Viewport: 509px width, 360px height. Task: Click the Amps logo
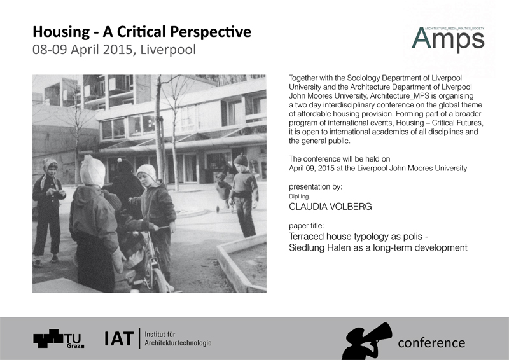click(x=448, y=39)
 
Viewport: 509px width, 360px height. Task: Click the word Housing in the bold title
click(x=61, y=32)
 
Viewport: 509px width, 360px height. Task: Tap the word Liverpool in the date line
click(x=168, y=50)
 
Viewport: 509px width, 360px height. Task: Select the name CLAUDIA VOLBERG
click(x=330, y=207)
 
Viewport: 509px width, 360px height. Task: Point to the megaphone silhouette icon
click(x=366, y=341)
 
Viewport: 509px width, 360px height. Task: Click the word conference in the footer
click(x=431, y=343)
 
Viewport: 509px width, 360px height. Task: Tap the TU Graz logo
click(x=59, y=339)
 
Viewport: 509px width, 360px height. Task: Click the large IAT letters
click(x=119, y=338)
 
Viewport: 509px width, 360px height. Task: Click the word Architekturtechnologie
click(x=178, y=343)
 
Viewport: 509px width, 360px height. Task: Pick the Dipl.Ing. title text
click(x=299, y=197)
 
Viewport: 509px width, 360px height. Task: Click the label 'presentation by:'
click(x=316, y=186)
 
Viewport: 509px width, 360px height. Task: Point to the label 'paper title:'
click(x=307, y=226)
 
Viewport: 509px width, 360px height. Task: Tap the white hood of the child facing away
click(x=92, y=171)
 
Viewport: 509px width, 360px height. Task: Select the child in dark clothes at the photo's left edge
click(x=48, y=212)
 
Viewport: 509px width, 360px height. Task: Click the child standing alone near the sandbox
click(x=244, y=195)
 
